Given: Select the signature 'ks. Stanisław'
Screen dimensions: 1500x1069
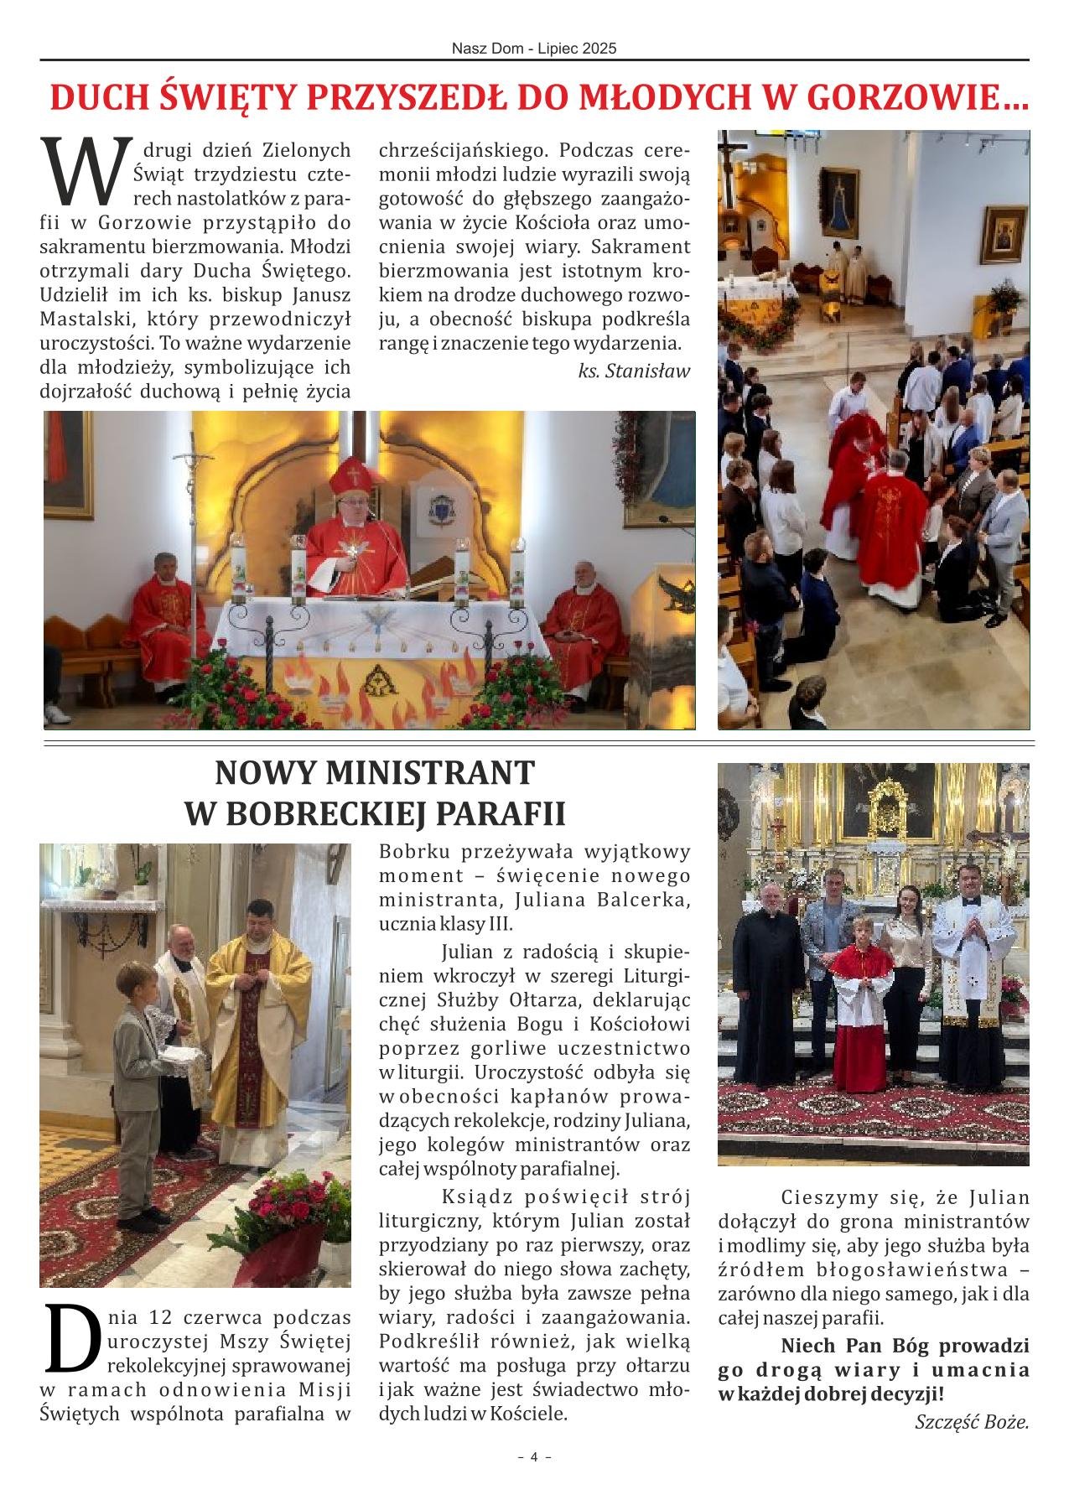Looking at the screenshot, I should [x=634, y=371].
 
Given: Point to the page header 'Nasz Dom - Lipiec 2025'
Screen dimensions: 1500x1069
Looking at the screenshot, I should [x=534, y=49].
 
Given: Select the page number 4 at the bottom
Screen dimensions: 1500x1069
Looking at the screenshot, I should [x=534, y=1480].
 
